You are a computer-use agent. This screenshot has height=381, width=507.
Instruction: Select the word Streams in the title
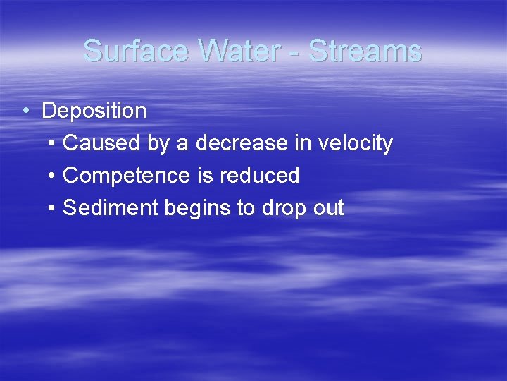[x=365, y=52]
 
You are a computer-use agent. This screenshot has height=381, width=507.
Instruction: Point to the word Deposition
[x=94, y=111]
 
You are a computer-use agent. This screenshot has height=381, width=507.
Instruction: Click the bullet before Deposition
[x=25, y=111]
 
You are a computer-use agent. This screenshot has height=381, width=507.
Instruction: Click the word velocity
[x=355, y=143]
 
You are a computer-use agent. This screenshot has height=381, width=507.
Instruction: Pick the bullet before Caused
[x=54, y=144]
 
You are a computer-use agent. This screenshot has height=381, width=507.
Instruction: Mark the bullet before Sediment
[x=54, y=209]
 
